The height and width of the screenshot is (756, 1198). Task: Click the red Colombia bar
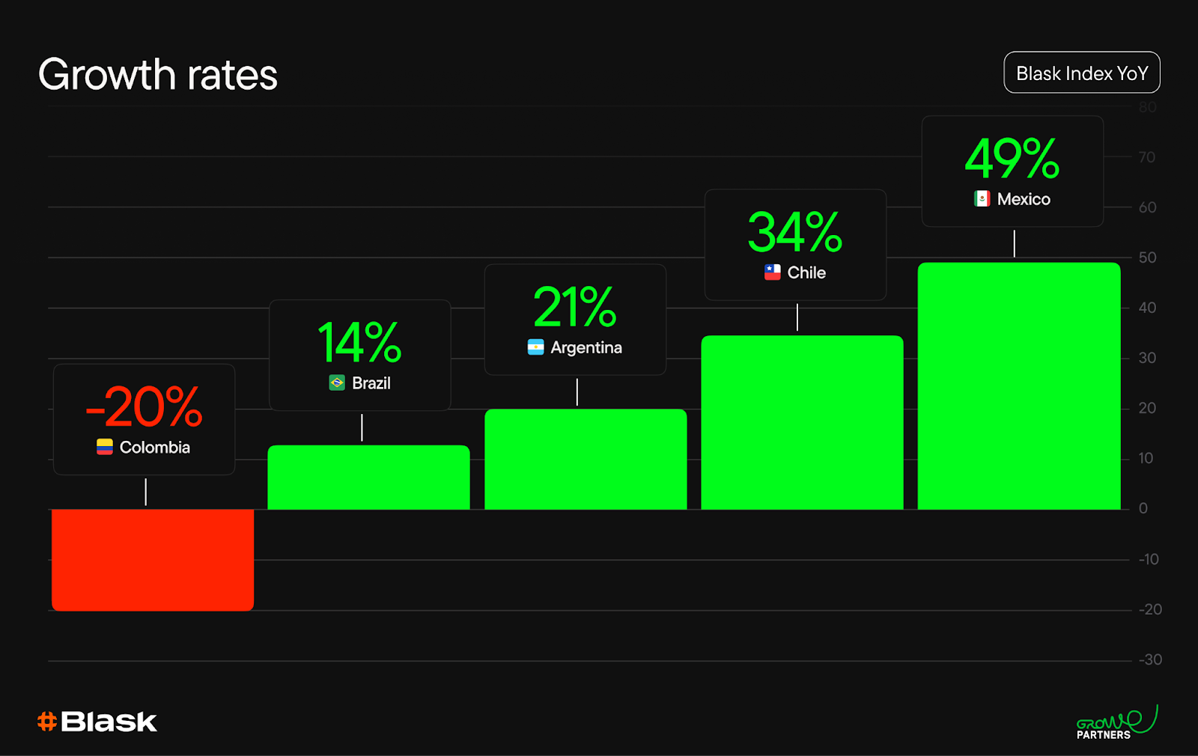[153, 560]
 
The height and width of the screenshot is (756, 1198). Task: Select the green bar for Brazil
[368, 477]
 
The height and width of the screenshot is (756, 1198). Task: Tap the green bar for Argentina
[586, 460]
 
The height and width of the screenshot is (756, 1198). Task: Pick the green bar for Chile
[802, 422]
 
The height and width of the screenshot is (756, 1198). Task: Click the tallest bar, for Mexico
[1019, 386]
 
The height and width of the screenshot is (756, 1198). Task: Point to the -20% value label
[144, 407]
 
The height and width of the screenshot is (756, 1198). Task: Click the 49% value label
[1012, 158]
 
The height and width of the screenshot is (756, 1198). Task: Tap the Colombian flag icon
[105, 447]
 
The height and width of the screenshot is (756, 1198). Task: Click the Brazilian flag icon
[337, 382]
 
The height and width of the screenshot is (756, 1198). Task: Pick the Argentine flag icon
[536, 347]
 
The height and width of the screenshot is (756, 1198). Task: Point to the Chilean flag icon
[772, 272]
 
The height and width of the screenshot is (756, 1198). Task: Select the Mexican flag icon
[982, 199]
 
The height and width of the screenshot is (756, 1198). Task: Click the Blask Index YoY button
[1082, 73]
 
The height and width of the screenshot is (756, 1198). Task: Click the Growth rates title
[158, 74]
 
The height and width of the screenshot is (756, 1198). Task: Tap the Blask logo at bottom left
[97, 722]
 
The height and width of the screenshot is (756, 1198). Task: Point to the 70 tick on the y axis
[1147, 157]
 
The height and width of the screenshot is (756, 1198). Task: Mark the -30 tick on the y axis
[1150, 659]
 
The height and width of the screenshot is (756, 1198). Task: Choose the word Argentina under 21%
[586, 348]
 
